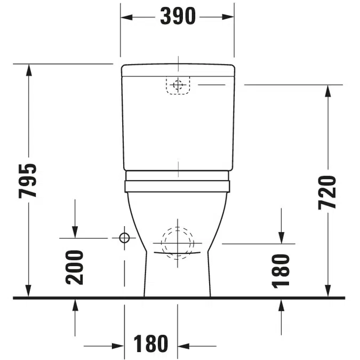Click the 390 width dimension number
tap(178, 16)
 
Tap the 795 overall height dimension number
tap(27, 181)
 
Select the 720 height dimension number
tap(327, 193)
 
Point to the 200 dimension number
tap(74, 268)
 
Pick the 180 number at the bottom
tap(150, 343)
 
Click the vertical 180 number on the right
tap(281, 271)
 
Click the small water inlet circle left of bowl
tap(124, 238)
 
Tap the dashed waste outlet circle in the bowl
tap(178, 243)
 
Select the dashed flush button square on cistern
tap(178, 85)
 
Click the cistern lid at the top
tap(178, 70)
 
